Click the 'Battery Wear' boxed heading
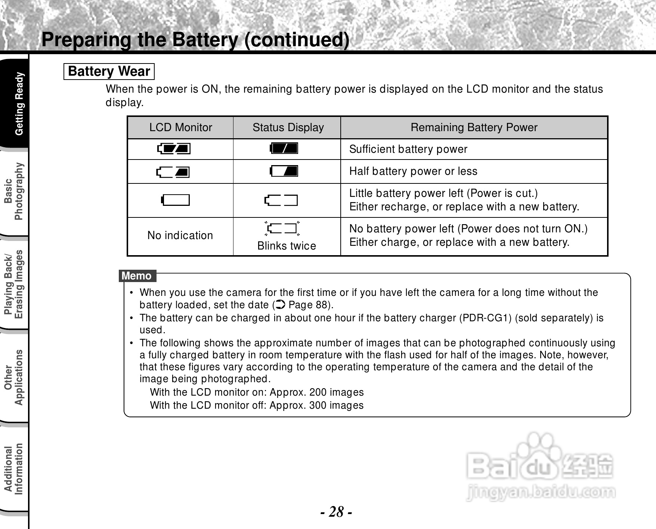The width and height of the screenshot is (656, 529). pos(109,71)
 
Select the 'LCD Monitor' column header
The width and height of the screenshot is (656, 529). pos(180,127)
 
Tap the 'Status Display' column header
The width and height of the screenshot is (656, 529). pos(288,127)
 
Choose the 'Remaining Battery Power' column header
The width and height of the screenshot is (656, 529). pos(474,127)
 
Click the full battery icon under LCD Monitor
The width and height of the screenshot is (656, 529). pos(174,149)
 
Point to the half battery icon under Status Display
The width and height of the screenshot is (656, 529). pos(284,171)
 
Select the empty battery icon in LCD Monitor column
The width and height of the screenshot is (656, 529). pos(175,200)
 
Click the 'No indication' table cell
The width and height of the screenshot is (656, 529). pos(180,235)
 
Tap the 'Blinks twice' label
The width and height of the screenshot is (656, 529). pos(287,246)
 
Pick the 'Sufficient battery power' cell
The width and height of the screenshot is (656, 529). pos(408,149)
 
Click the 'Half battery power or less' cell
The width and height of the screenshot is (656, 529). pos(413,171)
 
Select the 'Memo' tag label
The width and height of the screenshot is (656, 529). pos(137,276)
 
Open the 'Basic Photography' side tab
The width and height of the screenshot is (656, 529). pos(14,191)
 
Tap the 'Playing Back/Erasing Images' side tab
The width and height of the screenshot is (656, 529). pos(14,284)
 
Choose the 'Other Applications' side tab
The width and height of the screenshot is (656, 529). pos(14,377)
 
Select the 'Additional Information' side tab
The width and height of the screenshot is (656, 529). pos(14,469)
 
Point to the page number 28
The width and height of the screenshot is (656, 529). pos(336,511)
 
